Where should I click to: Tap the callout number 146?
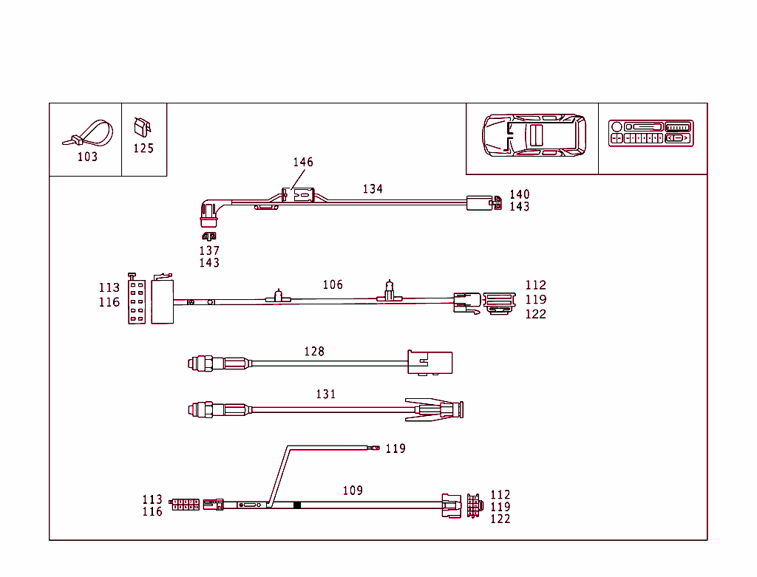point(303,163)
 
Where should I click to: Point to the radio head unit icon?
point(651,133)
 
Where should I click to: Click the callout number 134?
point(373,189)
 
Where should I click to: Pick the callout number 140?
point(520,194)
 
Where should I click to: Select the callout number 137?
point(209,251)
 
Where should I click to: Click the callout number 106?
point(333,284)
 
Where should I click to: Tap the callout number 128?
point(314,352)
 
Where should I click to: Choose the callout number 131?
point(326,395)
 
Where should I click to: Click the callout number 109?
point(353,491)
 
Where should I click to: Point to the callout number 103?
point(87,157)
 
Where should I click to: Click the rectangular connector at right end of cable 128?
point(430,362)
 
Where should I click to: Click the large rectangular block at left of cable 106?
point(163,301)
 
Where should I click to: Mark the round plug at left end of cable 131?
point(201,408)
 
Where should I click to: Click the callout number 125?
point(143,148)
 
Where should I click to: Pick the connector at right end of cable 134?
point(480,202)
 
